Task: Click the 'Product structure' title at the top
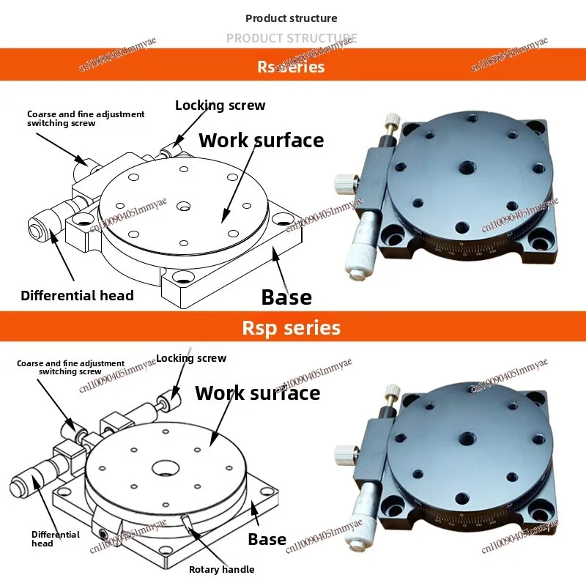tap(291, 18)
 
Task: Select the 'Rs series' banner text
tap(291, 67)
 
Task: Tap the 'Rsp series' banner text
tap(291, 327)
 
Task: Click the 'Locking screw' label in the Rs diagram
tap(220, 105)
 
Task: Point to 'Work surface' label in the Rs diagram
tap(261, 140)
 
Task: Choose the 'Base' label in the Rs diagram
tap(286, 297)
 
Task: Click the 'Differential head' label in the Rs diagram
tap(77, 295)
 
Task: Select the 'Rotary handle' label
tap(221, 569)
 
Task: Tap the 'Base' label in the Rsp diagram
tap(267, 540)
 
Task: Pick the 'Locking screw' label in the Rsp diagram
tap(191, 358)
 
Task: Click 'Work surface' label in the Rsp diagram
tap(257, 393)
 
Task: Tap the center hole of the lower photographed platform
tap(464, 440)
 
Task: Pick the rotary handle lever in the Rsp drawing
tap(188, 521)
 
